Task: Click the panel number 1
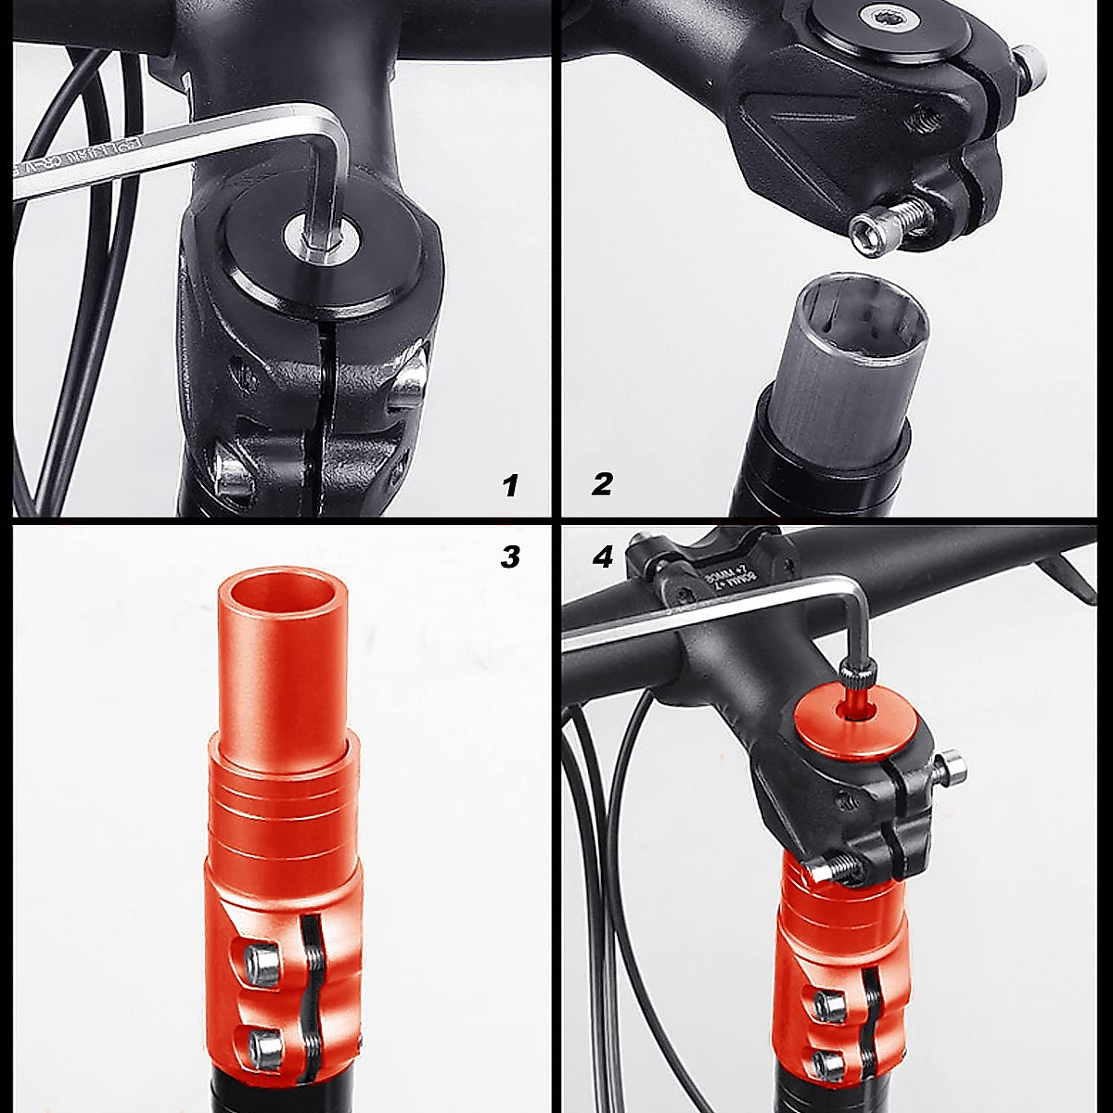pyautogui.click(x=509, y=484)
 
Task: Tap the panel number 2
pyautogui.click(x=602, y=483)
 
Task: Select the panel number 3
pyautogui.click(x=509, y=556)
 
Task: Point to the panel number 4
pyautogui.click(x=602, y=556)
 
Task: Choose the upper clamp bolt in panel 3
pyautogui.click(x=262, y=961)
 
